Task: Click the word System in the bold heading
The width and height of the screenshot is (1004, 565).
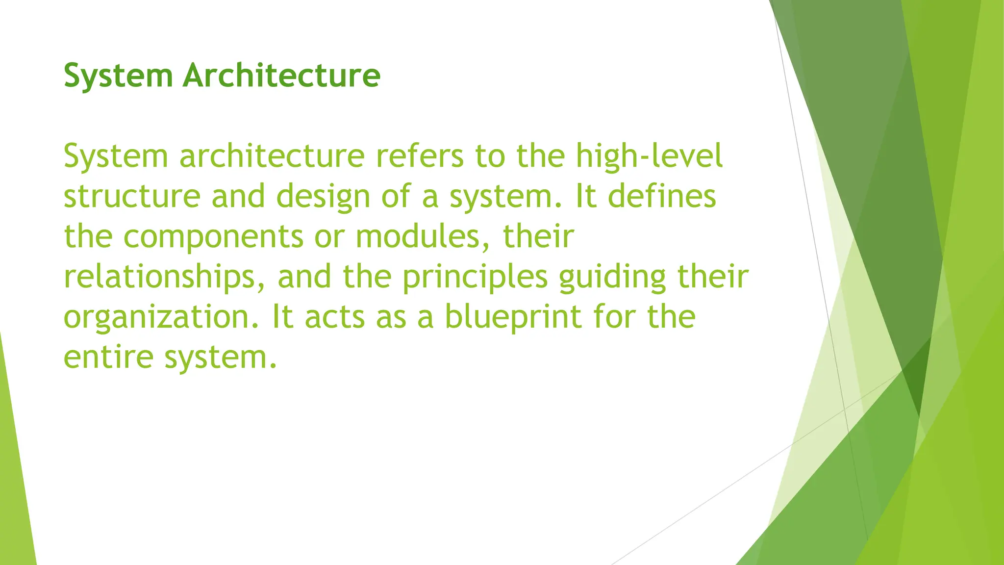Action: (x=118, y=76)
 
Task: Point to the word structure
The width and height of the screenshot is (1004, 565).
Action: (x=132, y=196)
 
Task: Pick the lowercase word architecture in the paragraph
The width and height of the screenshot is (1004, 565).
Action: (x=272, y=156)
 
